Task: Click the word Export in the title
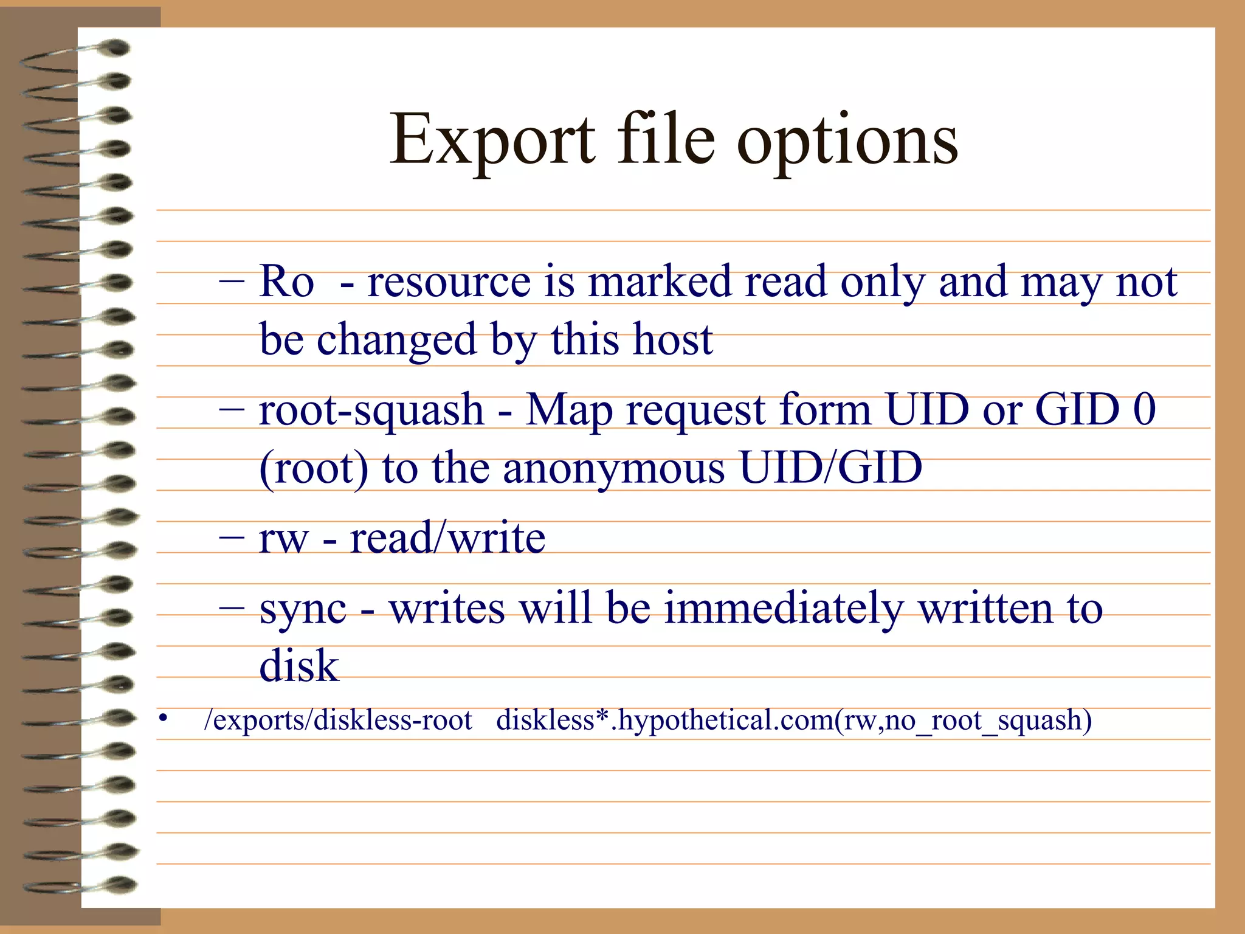492,140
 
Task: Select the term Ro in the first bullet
286,282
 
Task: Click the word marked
660,282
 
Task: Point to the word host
672,339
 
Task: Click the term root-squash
371,410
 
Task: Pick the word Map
569,410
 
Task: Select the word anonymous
614,468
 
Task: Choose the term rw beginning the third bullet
283,539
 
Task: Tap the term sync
303,609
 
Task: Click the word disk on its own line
298,665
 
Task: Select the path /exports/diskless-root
338,721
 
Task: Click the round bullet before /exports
162,719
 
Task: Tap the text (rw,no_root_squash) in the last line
964,721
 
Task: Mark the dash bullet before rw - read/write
232,537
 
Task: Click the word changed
396,339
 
